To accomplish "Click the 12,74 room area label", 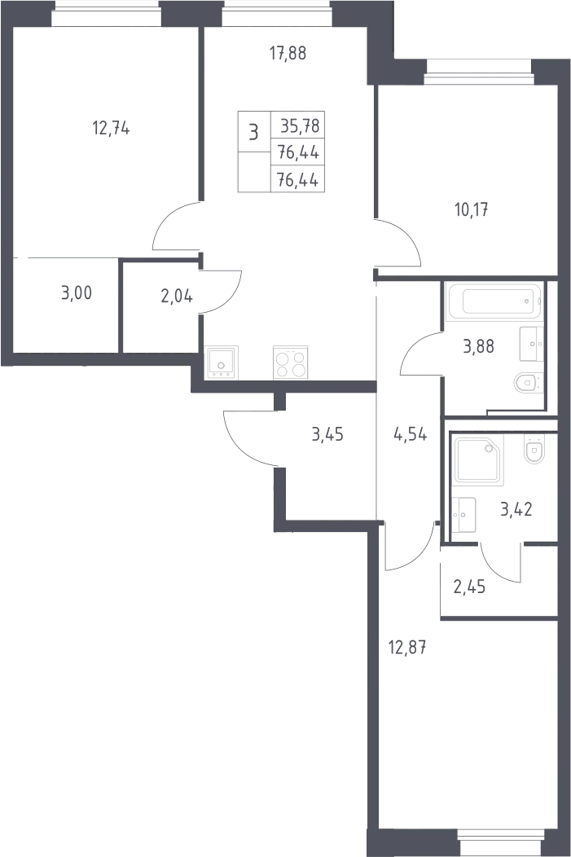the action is pyautogui.click(x=111, y=129).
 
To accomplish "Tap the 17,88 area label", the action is pyautogui.click(x=288, y=54).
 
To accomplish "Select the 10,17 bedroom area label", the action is pyautogui.click(x=472, y=209).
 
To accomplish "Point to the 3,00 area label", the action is pyautogui.click(x=77, y=293).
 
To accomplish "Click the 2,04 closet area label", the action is pyautogui.click(x=177, y=297).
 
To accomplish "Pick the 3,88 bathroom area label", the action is pyautogui.click(x=479, y=346).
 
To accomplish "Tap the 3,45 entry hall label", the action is pyautogui.click(x=327, y=434).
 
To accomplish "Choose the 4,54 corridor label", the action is pyautogui.click(x=411, y=436).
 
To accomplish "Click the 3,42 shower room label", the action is pyautogui.click(x=516, y=509).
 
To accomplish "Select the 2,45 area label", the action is pyautogui.click(x=469, y=587).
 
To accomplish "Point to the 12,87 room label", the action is pyautogui.click(x=407, y=648).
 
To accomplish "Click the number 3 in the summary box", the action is pyautogui.click(x=253, y=132).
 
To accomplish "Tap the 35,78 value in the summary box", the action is pyautogui.click(x=300, y=126).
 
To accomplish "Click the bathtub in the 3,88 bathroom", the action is pyautogui.click(x=494, y=301).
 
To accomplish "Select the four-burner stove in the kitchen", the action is pyautogui.click(x=290, y=363).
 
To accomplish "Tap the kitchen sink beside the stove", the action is pyautogui.click(x=221, y=363).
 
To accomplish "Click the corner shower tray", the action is pyautogui.click(x=479, y=459).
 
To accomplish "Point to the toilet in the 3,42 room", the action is pyautogui.click(x=534, y=449).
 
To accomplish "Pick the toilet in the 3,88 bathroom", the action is pyautogui.click(x=529, y=383).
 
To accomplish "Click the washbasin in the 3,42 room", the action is pyautogui.click(x=463, y=514).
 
